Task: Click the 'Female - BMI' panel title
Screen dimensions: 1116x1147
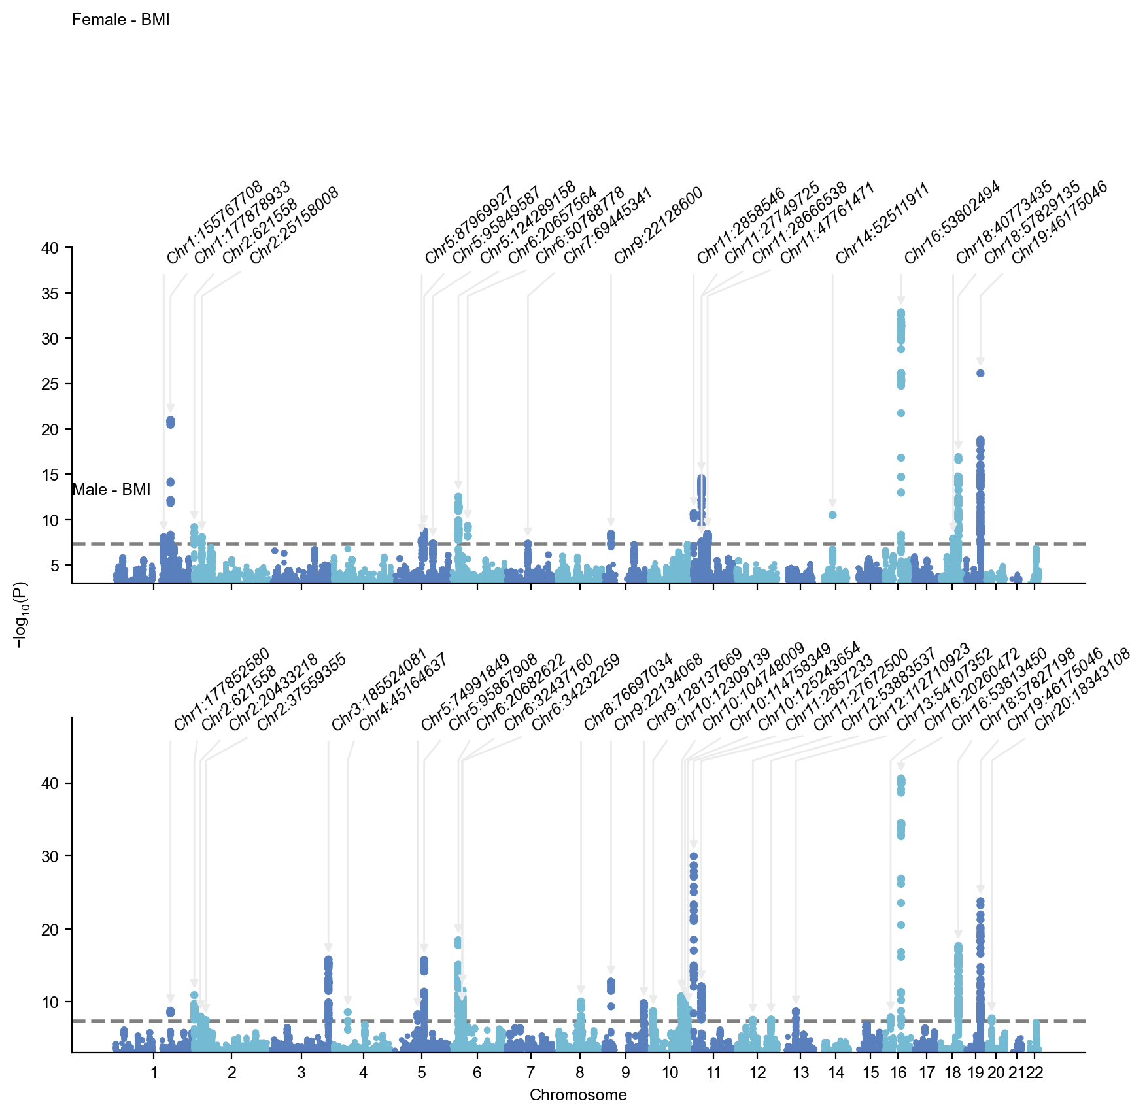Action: [120, 20]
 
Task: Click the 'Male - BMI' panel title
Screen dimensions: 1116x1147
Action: [111, 490]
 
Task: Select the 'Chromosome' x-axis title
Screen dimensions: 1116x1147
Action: [578, 1095]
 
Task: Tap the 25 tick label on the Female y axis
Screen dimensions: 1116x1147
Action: [50, 384]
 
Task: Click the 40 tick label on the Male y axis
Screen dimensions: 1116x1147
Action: [50, 783]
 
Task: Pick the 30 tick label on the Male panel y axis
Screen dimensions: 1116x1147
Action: [50, 856]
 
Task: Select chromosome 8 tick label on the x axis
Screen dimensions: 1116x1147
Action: [580, 1073]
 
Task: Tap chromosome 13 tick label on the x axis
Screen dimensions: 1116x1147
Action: [800, 1073]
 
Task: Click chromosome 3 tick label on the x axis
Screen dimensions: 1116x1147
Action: [301, 1073]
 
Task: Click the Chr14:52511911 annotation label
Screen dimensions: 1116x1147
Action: [882, 224]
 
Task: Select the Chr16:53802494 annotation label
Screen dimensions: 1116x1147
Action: [952, 222]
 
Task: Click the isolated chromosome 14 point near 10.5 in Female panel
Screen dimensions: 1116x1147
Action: [832, 515]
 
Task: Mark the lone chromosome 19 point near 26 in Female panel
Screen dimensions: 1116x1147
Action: [980, 373]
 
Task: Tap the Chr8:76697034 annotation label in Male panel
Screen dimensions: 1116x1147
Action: [628, 692]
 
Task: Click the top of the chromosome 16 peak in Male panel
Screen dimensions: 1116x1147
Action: [900, 779]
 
